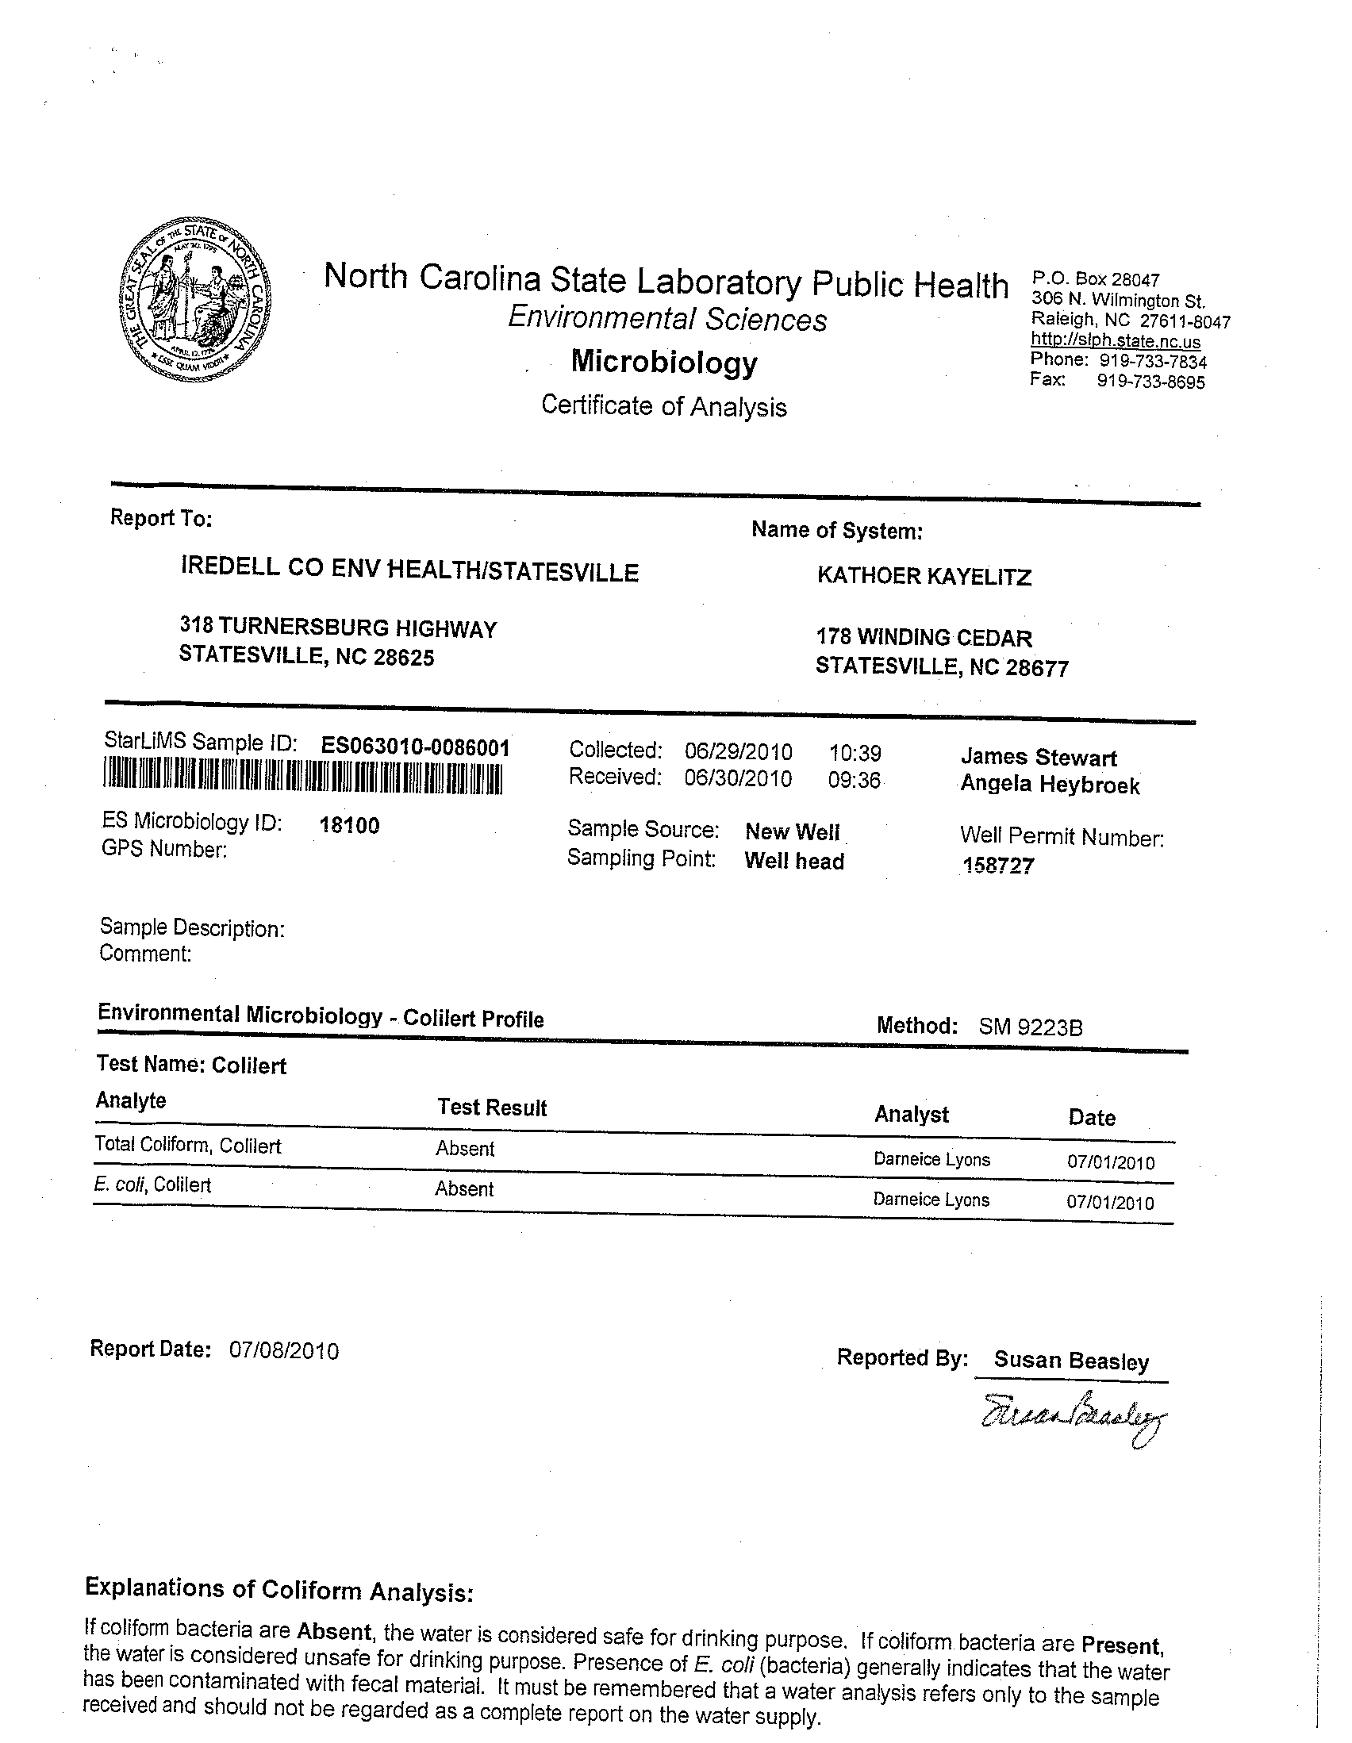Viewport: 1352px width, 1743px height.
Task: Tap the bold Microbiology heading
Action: (664, 363)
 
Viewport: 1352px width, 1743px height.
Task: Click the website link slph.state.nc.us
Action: (1115, 341)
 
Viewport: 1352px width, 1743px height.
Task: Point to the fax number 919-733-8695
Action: (1150, 382)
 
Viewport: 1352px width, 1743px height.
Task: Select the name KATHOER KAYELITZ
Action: (924, 576)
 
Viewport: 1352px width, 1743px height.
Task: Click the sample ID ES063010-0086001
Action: (415, 747)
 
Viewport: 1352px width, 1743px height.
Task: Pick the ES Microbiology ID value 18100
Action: (350, 825)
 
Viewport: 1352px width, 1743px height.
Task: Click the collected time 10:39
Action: (855, 753)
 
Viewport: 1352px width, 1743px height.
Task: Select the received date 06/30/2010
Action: (738, 778)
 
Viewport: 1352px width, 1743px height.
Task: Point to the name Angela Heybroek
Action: (1050, 785)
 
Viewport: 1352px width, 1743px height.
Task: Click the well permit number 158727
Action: (998, 866)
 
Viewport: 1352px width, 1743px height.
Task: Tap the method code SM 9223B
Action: (1031, 1027)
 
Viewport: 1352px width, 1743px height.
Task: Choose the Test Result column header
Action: (492, 1108)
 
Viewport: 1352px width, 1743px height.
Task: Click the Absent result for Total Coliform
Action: (465, 1150)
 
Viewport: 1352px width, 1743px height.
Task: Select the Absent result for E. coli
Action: (464, 1189)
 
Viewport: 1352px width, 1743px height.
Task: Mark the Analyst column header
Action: (912, 1114)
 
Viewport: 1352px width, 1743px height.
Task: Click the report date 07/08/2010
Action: (284, 1351)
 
